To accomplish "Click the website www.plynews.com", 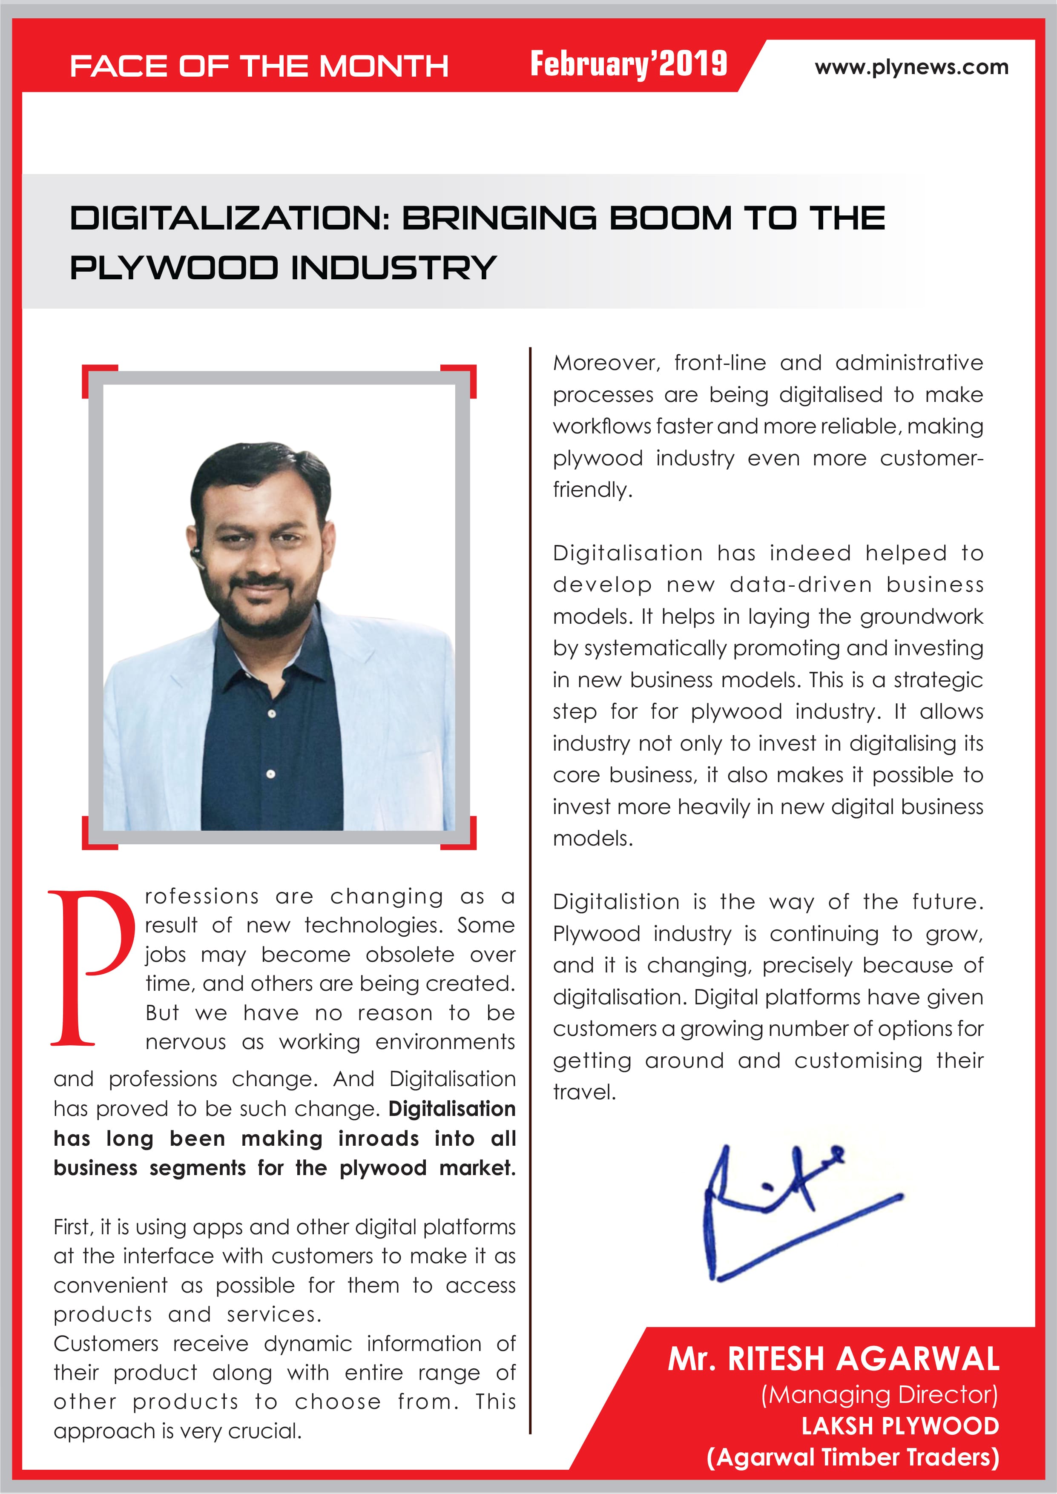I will [x=911, y=67].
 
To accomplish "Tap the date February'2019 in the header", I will [x=628, y=64].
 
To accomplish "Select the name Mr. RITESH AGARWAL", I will [x=833, y=1359].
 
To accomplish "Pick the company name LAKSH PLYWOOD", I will [x=900, y=1426].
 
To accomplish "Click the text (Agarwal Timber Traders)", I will [x=853, y=1457].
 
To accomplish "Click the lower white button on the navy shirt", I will [x=271, y=774].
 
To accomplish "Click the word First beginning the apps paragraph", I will [x=72, y=1227].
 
